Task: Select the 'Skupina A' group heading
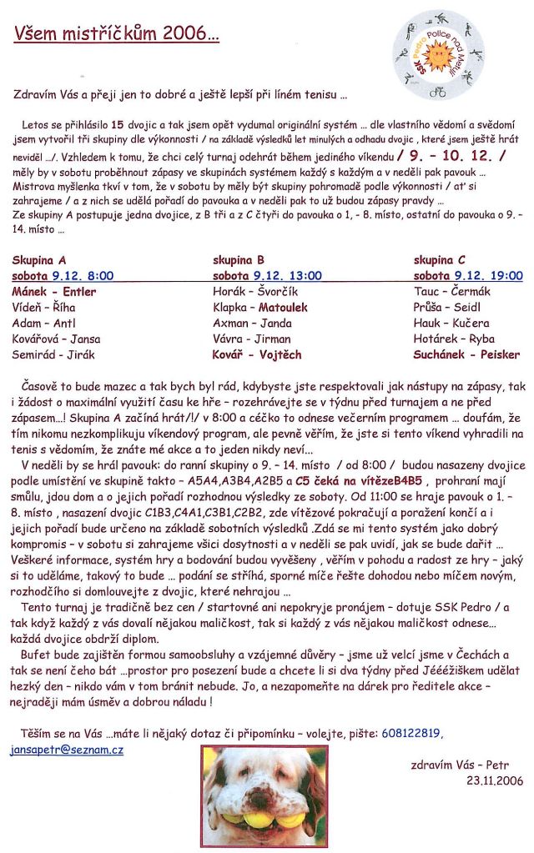pyautogui.click(x=39, y=259)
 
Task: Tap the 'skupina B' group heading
pyautogui.click(x=239, y=259)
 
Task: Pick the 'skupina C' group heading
pyautogui.click(x=440, y=259)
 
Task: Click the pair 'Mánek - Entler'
pyautogui.click(x=53, y=292)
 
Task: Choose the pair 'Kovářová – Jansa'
pyautogui.click(x=56, y=339)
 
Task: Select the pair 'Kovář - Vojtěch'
pyautogui.click(x=257, y=354)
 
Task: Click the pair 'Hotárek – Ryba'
pyautogui.click(x=454, y=339)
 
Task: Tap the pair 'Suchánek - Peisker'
pyautogui.click(x=466, y=354)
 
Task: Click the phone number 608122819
pyautogui.click(x=411, y=734)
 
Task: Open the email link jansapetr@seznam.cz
pyautogui.click(x=67, y=750)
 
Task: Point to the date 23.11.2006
pyautogui.click(x=495, y=780)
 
